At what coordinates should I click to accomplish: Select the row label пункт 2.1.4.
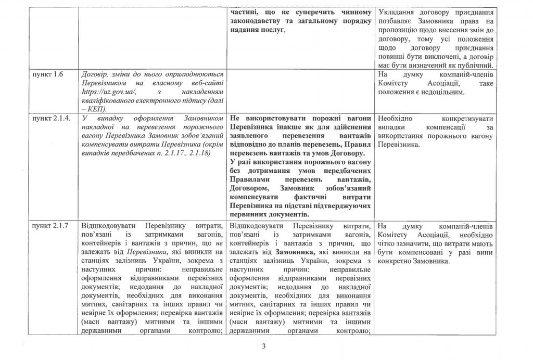tap(50, 119)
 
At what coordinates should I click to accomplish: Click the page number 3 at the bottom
tap(264, 346)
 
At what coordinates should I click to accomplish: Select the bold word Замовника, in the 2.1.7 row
tap(298, 252)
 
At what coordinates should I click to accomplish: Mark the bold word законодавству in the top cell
tap(253, 21)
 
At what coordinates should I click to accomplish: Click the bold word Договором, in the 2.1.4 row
tap(248, 188)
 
